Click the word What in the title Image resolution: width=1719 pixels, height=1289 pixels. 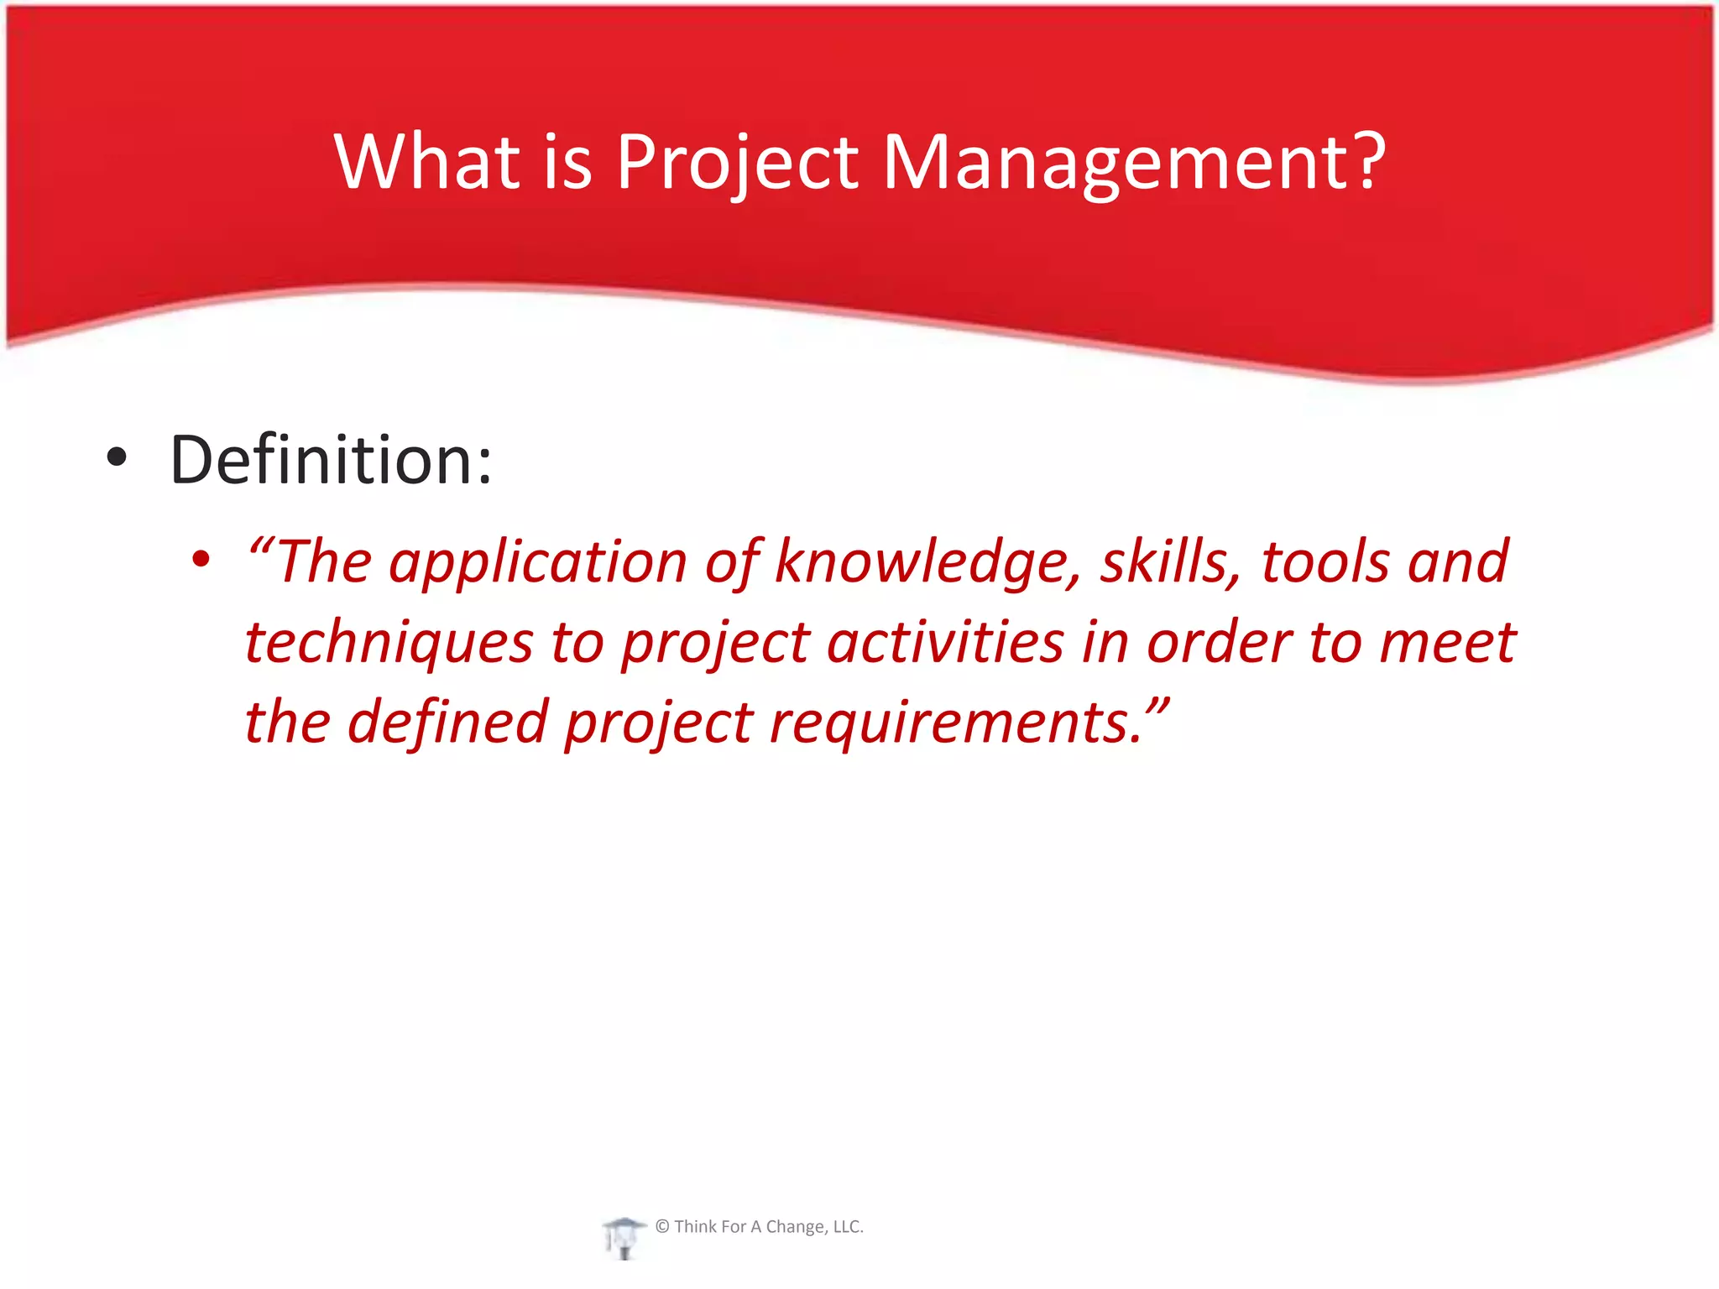426,161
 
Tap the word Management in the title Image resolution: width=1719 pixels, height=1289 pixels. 1115,161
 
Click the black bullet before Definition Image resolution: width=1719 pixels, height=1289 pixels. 117,458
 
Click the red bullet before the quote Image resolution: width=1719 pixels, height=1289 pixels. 200,559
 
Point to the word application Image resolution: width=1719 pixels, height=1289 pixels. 537,562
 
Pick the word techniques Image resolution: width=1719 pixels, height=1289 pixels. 389,643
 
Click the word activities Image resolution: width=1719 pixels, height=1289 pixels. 945,642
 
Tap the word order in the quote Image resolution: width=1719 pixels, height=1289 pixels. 1218,642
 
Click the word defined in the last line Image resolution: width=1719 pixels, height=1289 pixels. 447,722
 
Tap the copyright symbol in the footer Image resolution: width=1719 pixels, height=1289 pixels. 662,1227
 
